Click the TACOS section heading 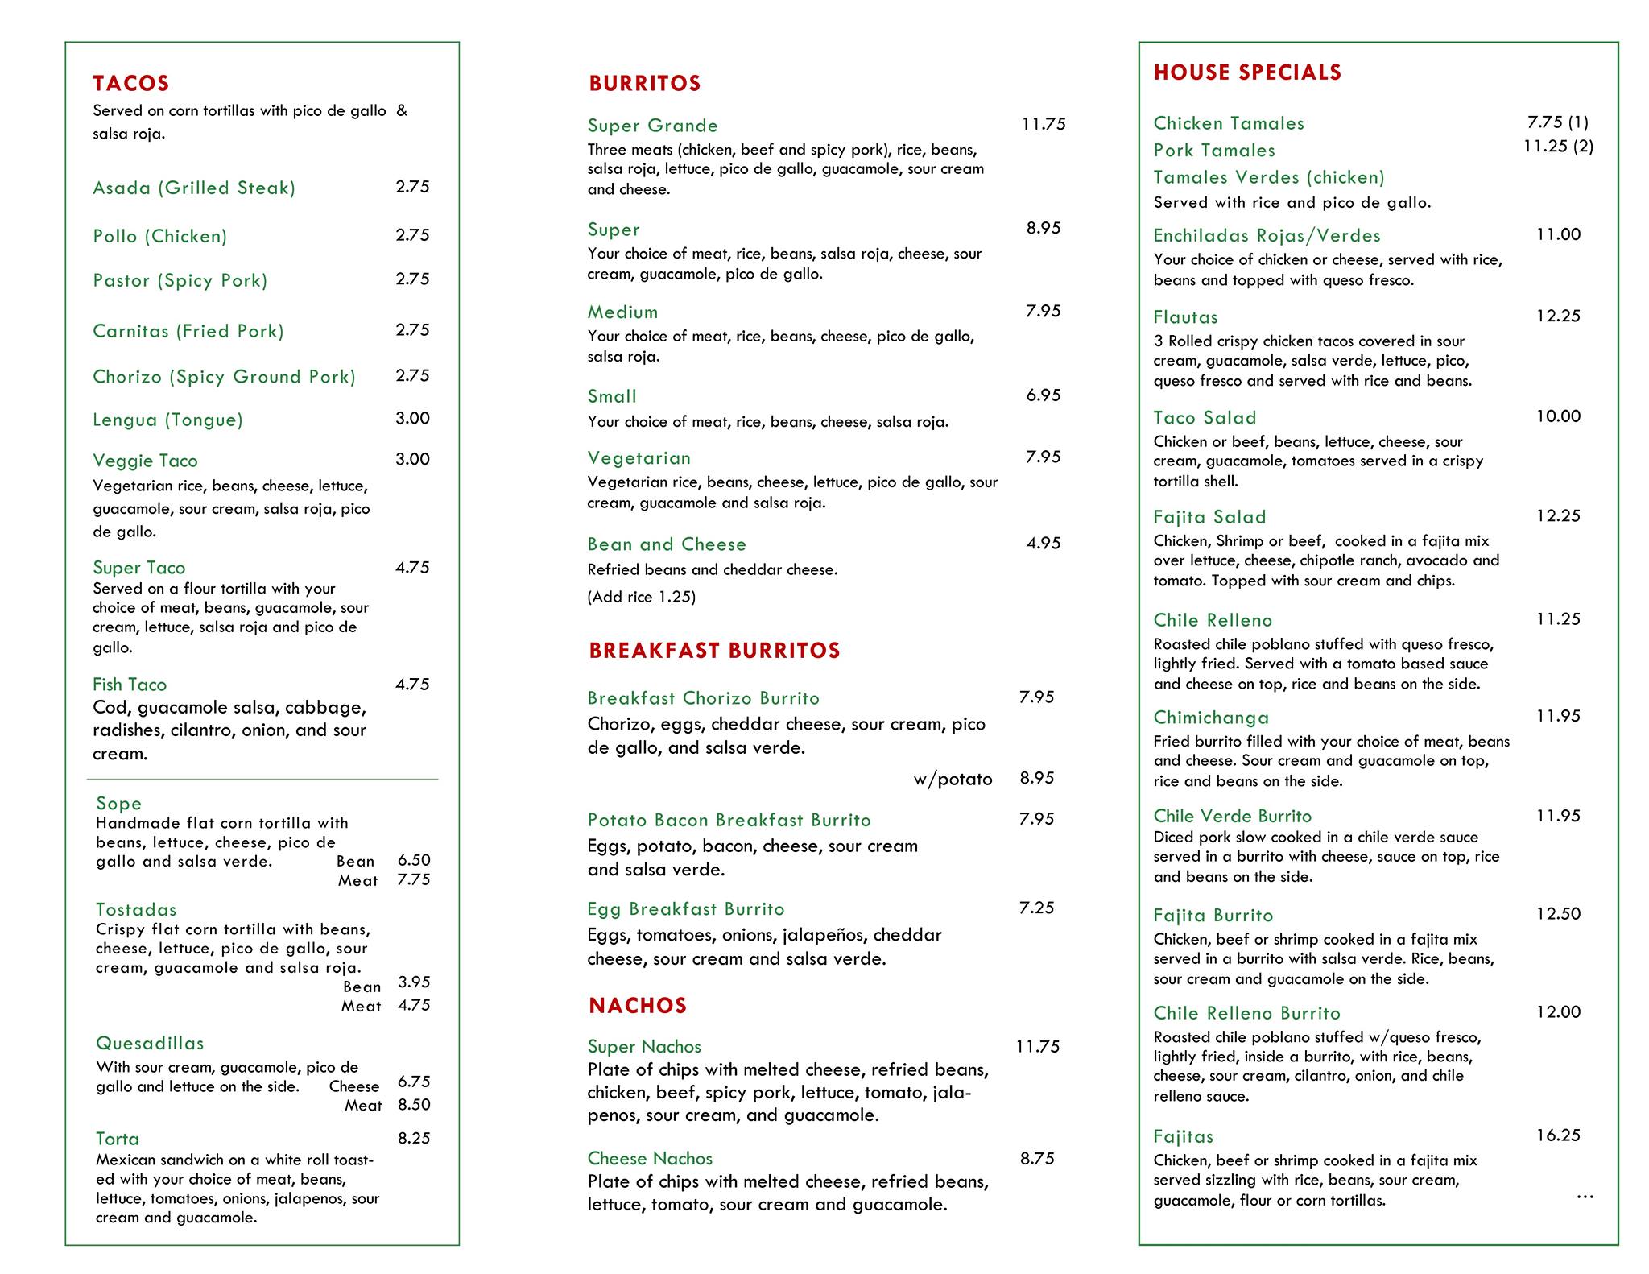[131, 84]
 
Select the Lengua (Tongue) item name [167, 420]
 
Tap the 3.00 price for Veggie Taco [412, 459]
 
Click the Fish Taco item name [130, 685]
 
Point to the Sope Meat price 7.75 [414, 879]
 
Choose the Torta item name [118, 1139]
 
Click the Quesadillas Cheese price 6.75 [414, 1082]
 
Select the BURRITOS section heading [645, 84]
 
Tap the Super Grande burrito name [653, 126]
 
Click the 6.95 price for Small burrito [1044, 395]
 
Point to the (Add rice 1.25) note [642, 597]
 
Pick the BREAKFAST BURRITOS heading [714, 651]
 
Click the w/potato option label [953, 779]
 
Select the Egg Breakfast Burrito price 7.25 [1036, 908]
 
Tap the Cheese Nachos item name [650, 1158]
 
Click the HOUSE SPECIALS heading [1247, 72]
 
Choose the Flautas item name [1185, 317]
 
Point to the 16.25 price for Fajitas [1558, 1135]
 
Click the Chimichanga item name [1211, 718]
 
